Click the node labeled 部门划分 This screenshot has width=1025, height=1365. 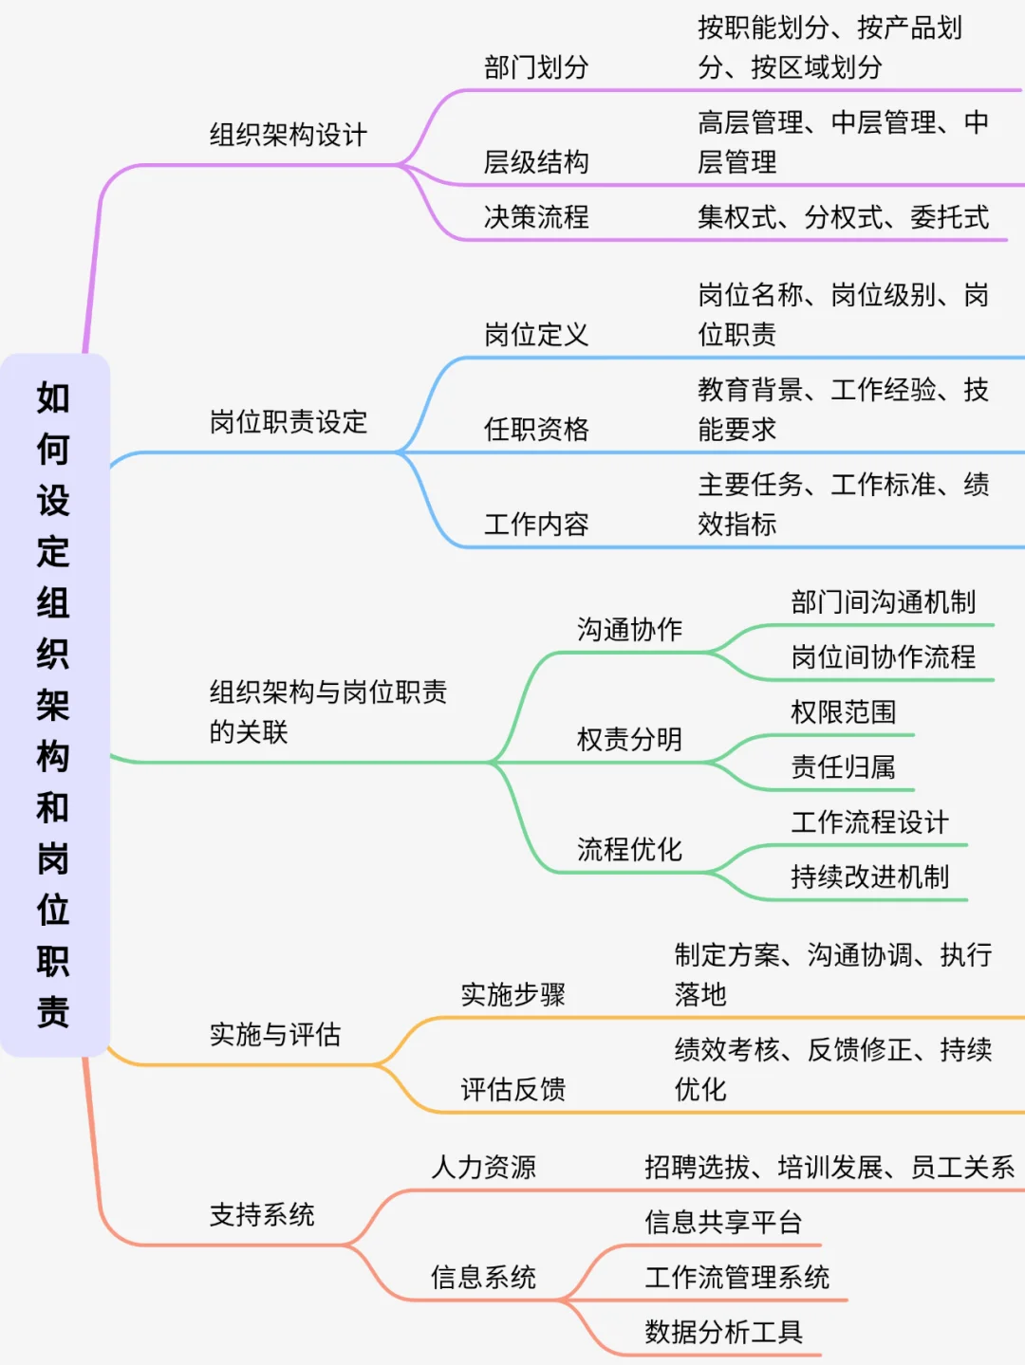[536, 67]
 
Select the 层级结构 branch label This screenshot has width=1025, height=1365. [536, 162]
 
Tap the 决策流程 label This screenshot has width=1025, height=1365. [536, 217]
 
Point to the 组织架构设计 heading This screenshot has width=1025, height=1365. [289, 135]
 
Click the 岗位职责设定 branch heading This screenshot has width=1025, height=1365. [289, 422]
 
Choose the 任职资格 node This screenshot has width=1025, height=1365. [536, 430]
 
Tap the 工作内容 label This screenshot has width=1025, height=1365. [536, 525]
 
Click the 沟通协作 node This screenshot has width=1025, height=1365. [629, 629]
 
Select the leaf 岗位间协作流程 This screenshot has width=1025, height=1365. [883, 656]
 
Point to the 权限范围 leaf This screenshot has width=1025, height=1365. [843, 711]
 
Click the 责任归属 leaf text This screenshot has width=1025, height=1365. [843, 766]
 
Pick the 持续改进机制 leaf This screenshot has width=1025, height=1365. [869, 876]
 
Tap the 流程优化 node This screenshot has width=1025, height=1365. [629, 849]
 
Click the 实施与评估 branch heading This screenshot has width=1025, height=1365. [275, 1034]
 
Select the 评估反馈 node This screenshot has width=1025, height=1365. [512, 1089]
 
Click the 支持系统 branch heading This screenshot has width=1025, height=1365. [262, 1214]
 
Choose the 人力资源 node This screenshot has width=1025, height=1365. [483, 1167]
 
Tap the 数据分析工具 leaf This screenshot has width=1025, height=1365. [723, 1332]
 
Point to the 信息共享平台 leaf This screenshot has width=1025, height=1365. [723, 1222]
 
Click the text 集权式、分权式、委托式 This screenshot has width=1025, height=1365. [843, 217]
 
